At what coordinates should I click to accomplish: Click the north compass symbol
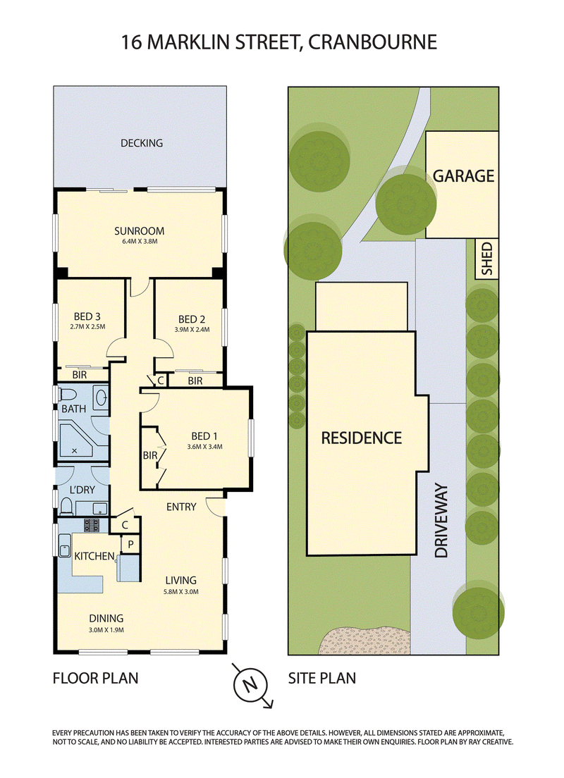point(251,685)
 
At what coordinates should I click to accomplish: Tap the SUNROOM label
point(139,230)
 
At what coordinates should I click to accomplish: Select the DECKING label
point(142,143)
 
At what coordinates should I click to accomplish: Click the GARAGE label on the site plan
point(463,175)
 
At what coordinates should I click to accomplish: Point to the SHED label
point(487,259)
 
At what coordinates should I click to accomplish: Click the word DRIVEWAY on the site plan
point(441,521)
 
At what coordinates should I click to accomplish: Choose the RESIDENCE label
point(362,438)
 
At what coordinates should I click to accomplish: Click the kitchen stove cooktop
point(92,526)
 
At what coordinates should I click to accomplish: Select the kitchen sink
point(65,547)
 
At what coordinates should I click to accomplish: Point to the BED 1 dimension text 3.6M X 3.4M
point(204,447)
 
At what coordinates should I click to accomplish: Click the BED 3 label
point(87,316)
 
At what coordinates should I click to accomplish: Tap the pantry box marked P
point(130,544)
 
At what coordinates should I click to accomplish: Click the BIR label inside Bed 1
point(150,455)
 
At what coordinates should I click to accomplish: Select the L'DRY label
point(82,490)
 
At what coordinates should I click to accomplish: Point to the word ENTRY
point(181,507)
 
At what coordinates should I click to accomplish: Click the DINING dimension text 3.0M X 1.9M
point(106,630)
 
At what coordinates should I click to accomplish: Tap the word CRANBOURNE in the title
point(372,42)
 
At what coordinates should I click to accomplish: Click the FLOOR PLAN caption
point(95,678)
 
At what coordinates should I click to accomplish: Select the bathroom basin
point(101,397)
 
